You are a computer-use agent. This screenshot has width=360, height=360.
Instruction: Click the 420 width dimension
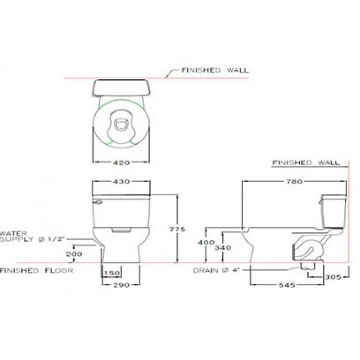122,163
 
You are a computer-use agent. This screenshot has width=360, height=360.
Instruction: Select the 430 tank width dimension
122,181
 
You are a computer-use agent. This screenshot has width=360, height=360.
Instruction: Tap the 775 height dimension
177,229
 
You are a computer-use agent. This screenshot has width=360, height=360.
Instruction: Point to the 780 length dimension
294,181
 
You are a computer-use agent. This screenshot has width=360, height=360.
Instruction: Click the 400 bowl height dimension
206,242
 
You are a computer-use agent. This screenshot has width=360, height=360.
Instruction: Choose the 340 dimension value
223,248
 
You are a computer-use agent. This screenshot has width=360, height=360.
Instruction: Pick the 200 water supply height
74,254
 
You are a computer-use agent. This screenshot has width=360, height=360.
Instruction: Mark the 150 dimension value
112,273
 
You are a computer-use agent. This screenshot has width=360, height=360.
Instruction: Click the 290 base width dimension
122,285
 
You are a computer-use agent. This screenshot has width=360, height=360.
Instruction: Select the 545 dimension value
287,285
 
